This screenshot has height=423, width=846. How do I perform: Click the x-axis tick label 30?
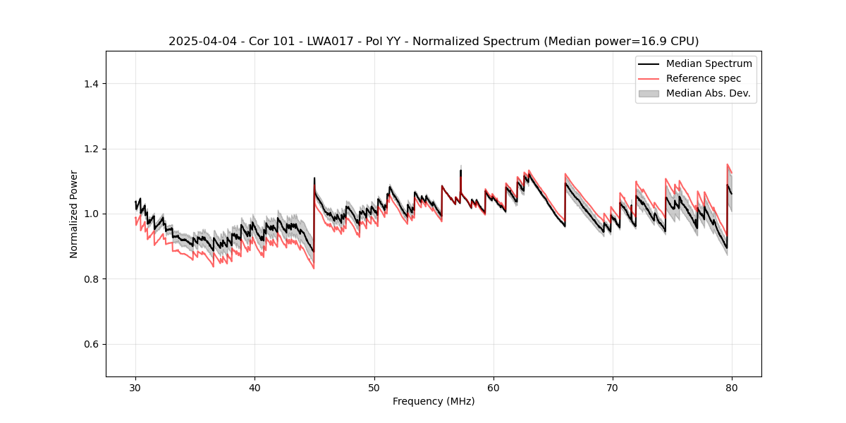click(135, 388)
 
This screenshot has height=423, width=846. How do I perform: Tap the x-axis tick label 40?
click(255, 388)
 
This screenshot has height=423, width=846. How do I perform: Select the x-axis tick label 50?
click(374, 388)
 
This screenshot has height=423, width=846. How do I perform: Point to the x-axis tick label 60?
click(493, 388)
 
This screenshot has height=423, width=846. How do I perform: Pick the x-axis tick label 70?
click(613, 388)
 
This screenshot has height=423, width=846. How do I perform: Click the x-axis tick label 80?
click(732, 388)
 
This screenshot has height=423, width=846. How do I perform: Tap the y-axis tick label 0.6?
click(91, 344)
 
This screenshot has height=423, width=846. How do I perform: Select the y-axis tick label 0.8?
click(91, 279)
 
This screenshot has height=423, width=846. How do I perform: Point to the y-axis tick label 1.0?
click(91, 214)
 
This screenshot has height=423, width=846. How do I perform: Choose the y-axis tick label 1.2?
click(91, 149)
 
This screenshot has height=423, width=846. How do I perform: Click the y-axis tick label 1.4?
click(91, 84)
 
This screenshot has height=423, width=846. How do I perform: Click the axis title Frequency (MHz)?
click(434, 401)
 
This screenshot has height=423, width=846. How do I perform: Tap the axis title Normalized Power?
click(74, 214)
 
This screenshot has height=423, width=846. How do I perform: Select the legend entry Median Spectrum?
click(709, 64)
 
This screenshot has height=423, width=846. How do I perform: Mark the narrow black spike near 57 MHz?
click(460, 172)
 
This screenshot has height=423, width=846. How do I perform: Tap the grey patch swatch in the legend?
click(649, 93)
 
